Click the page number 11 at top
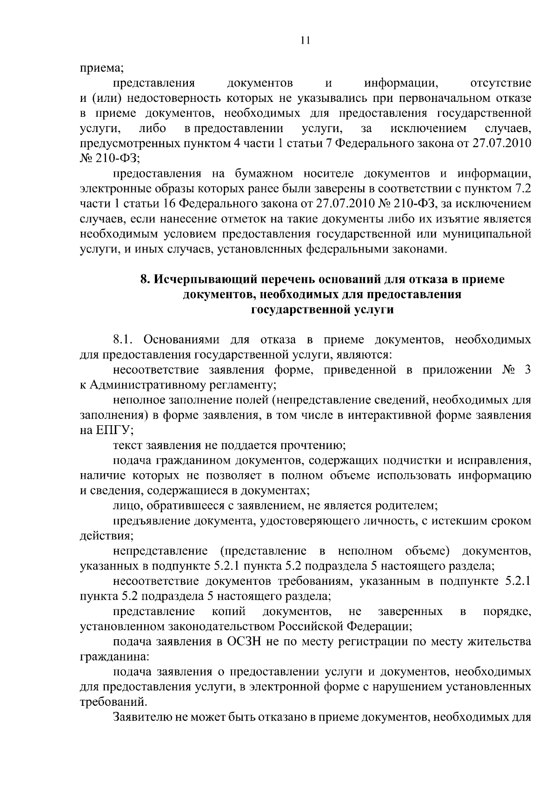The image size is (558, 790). [x=305, y=40]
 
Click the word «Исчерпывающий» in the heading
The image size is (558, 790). [x=206, y=280]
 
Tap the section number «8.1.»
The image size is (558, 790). [x=122, y=340]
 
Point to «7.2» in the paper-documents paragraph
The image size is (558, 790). [x=522, y=189]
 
